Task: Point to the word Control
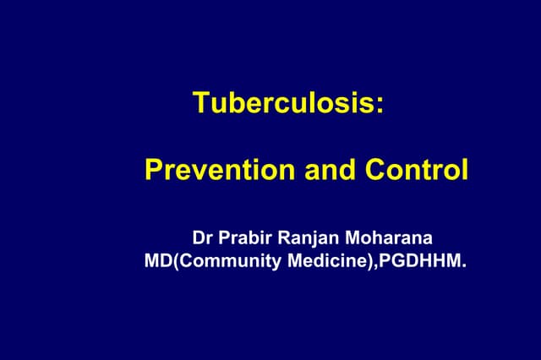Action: coord(417,170)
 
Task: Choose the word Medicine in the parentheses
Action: coord(319,261)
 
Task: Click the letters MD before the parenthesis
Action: coord(156,261)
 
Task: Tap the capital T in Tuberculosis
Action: coord(200,102)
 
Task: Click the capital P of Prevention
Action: coord(152,170)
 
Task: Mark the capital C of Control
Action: coord(375,170)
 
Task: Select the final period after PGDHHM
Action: coord(463,266)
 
